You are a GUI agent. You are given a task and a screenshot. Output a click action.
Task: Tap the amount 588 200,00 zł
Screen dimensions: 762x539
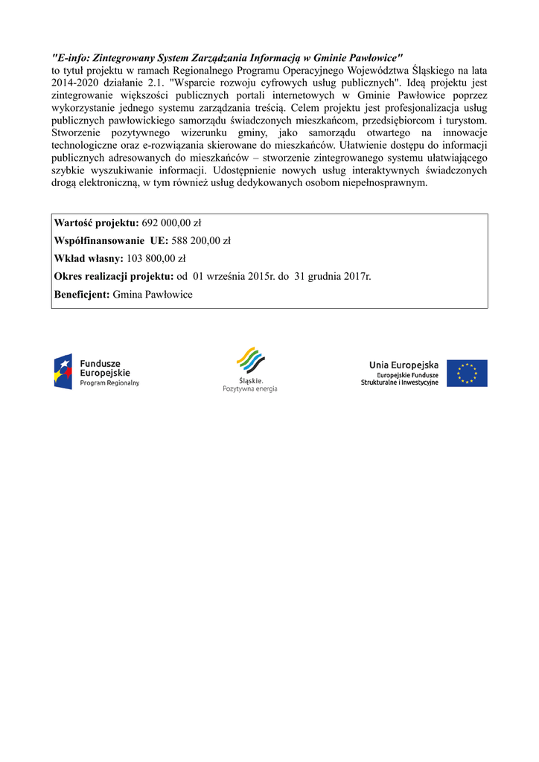[x=201, y=241]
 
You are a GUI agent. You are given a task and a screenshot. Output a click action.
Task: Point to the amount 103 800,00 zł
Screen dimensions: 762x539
[x=156, y=259]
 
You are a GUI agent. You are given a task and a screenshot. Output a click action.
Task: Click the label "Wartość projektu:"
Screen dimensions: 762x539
[x=96, y=223]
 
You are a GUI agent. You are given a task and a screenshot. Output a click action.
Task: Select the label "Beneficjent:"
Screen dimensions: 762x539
[x=82, y=295]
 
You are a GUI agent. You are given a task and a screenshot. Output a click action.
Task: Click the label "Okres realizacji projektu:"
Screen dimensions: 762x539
[x=113, y=277]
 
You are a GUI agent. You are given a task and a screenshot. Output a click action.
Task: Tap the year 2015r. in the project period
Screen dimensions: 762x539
[x=262, y=277]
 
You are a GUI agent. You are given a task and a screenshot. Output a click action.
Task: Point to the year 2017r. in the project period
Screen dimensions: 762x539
[x=357, y=277]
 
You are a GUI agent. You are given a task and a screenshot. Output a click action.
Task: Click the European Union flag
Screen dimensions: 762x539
[x=467, y=374]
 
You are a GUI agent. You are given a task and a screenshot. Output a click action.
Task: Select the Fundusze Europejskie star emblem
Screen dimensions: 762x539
[x=63, y=372]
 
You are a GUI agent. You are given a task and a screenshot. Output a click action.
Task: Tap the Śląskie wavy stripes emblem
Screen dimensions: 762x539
[x=250, y=361]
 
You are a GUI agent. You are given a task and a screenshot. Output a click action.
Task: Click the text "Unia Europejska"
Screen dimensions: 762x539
[x=404, y=365]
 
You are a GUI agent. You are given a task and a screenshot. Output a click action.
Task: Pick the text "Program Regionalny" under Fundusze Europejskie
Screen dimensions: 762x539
[x=109, y=383]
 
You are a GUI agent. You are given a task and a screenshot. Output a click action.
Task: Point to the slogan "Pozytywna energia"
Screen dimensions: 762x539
[x=250, y=389]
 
